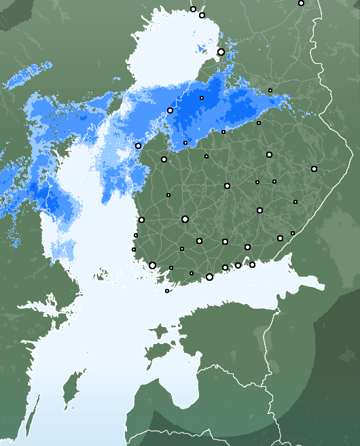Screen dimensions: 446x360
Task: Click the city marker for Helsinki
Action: pyautogui.click(x=209, y=277)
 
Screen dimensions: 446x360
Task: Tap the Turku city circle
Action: pyautogui.click(x=152, y=265)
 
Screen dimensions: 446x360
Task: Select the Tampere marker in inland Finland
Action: pyautogui.click(x=185, y=219)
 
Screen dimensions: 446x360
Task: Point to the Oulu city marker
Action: pyautogui.click(x=221, y=52)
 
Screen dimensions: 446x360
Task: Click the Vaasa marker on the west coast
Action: pyautogui.click(x=138, y=145)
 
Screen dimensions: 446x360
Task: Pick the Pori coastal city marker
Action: pyautogui.click(x=141, y=220)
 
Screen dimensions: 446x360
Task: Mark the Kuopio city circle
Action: pyautogui.click(x=269, y=154)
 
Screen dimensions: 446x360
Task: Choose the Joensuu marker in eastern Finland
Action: pyautogui.click(x=314, y=169)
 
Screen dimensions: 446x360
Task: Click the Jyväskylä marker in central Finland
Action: pyautogui.click(x=227, y=186)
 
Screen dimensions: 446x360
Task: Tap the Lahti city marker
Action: pyautogui.click(x=225, y=241)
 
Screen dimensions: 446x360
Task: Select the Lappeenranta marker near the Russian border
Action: pyautogui.click(x=280, y=238)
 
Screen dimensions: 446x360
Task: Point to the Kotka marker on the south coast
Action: pyautogui.click(x=252, y=264)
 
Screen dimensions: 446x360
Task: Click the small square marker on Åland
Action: pyautogui.click(x=167, y=291)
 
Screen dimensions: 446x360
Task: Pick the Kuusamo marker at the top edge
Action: pyautogui.click(x=301, y=3)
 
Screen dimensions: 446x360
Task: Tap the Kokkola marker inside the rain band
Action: pyautogui.click(x=170, y=110)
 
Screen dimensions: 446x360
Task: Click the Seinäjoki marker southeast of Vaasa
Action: pyautogui.click(x=164, y=159)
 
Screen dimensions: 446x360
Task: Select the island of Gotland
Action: pyautogui.click(x=68, y=392)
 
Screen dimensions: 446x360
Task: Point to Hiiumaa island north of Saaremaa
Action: pyautogui.click(x=159, y=332)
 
